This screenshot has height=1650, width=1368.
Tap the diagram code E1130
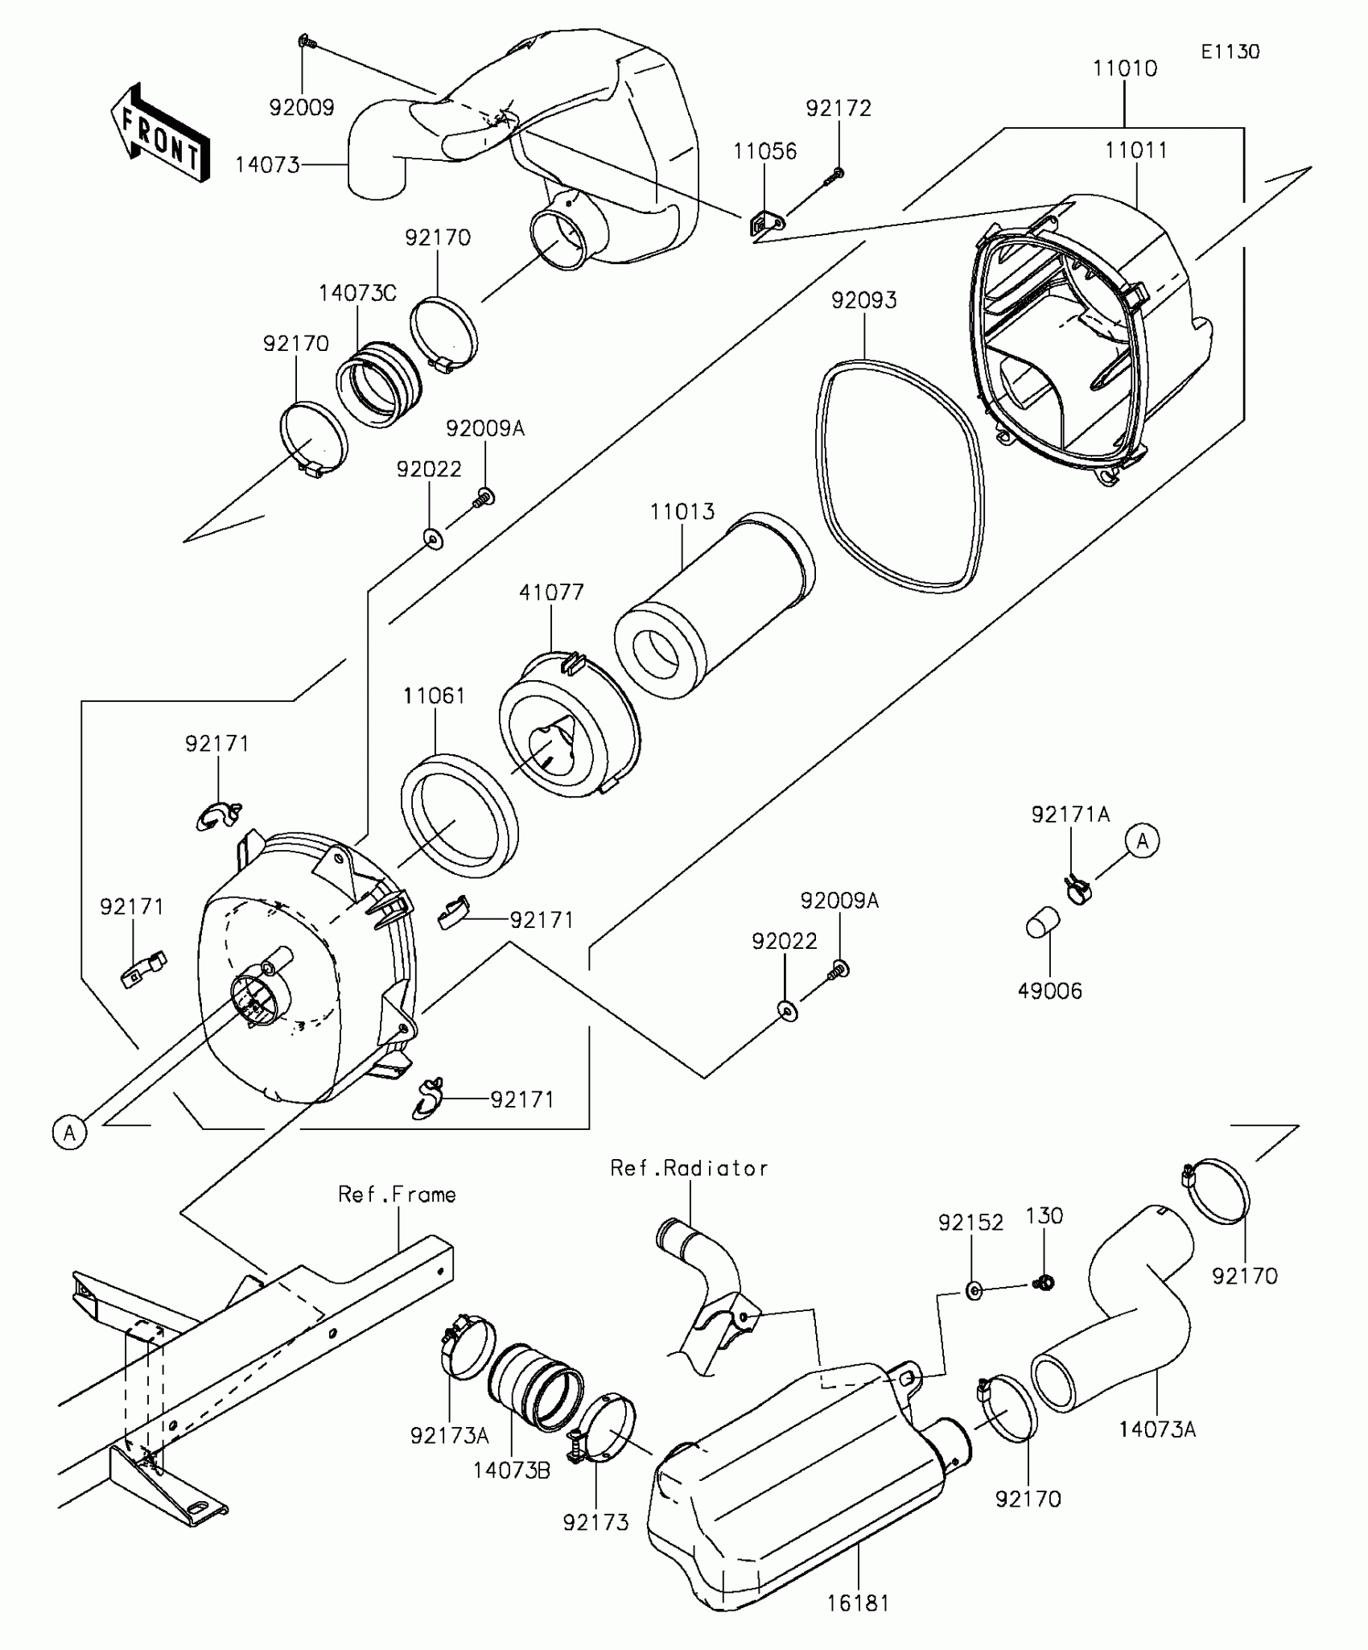(1230, 52)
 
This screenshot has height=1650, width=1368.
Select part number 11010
(1124, 69)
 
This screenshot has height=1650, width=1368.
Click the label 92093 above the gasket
(863, 300)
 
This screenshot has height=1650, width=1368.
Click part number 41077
(551, 593)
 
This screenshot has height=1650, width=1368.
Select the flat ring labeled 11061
(459, 815)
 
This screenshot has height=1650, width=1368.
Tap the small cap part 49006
(1043, 922)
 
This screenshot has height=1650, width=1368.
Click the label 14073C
(357, 293)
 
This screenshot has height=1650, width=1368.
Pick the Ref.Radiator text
(689, 1169)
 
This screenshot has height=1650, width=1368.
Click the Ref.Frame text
(397, 1194)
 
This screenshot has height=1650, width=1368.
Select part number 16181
(859, 1603)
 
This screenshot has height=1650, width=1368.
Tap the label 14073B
(512, 1471)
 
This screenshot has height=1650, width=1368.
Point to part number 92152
(971, 1223)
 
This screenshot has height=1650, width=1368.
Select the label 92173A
(449, 1435)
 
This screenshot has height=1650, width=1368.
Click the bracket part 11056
(765, 225)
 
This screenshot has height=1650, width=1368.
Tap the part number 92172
(839, 109)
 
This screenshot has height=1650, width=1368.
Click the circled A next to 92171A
(1142, 841)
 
